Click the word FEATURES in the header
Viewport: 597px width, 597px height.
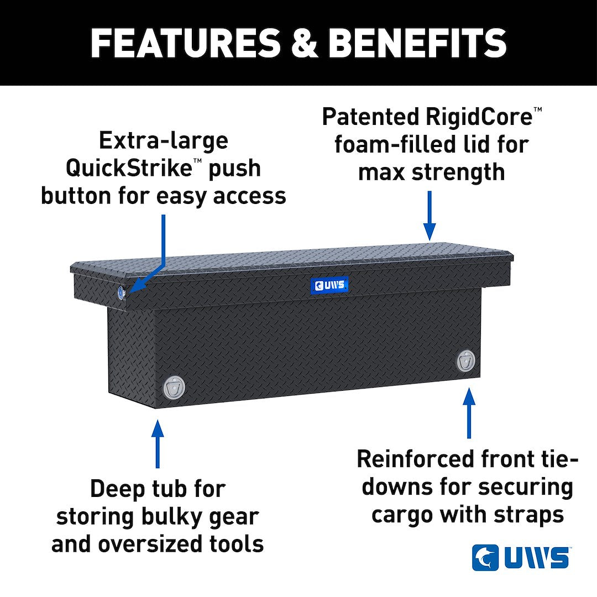tap(185, 43)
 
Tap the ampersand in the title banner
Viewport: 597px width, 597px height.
tap(305, 43)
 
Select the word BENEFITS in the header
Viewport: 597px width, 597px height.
tap(417, 43)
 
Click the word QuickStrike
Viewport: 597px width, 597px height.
tap(129, 168)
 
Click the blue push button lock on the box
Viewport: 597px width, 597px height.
tap(121, 293)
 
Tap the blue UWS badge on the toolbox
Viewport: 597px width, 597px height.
tap(329, 285)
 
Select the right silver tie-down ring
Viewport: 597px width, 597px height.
tap(466, 361)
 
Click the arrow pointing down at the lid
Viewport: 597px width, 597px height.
tap(430, 216)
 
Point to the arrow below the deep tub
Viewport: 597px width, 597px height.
tap(158, 444)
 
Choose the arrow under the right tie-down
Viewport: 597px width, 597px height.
tap(469, 413)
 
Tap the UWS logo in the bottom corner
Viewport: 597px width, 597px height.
tap(521, 557)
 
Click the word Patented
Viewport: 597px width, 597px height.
tap(369, 116)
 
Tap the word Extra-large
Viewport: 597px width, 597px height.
tap(163, 140)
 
